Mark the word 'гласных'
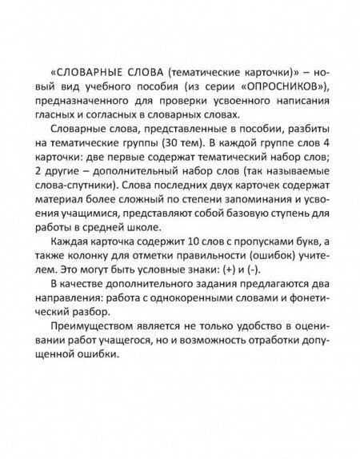(58, 114)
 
